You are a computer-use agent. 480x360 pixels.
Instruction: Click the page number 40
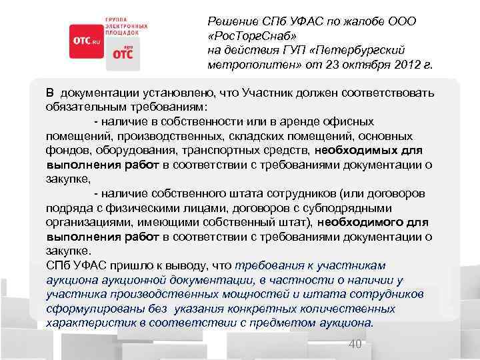click(x=355, y=344)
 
